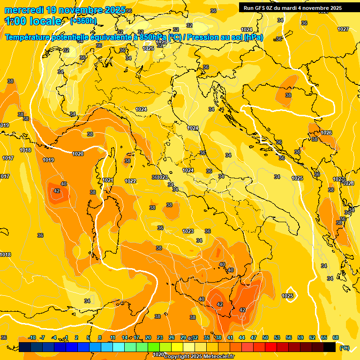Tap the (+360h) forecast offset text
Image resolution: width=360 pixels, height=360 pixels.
[x=83, y=21]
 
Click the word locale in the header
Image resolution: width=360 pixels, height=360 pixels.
[x=45, y=21]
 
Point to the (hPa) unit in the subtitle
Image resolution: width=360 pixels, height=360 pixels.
[x=253, y=37]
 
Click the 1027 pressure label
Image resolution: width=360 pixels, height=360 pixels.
[x=343, y=29]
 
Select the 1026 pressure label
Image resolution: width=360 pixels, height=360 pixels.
[x=326, y=133]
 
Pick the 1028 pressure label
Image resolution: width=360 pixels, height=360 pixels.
[x=348, y=183]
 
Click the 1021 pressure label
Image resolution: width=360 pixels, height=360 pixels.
[x=108, y=180]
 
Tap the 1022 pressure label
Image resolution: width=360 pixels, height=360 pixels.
[x=130, y=181]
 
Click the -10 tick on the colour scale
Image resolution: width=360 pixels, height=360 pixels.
[x=32, y=337]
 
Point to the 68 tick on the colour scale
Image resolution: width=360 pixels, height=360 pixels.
[x=336, y=337]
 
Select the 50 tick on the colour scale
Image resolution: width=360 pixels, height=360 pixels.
[x=265, y=337]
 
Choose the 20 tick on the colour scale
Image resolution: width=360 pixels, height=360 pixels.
[x=148, y=337]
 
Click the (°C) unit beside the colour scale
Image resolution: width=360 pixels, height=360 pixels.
[x=345, y=348]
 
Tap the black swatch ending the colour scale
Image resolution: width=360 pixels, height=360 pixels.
[x=330, y=347]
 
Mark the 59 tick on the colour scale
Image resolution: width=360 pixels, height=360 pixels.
[x=300, y=337]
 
